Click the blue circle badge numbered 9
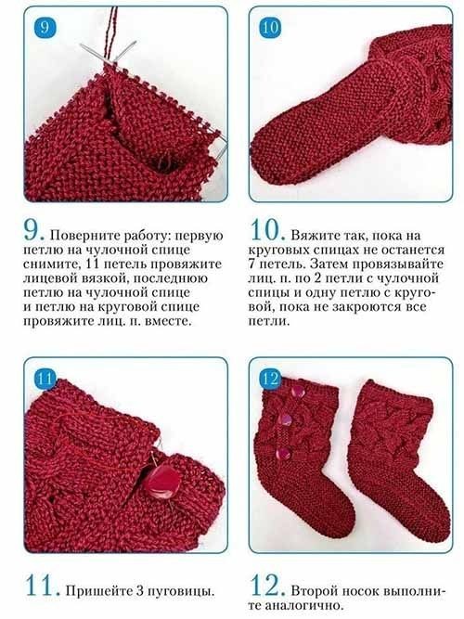pos(45,27)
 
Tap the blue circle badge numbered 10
pos(270,28)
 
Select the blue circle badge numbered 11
pos(45,379)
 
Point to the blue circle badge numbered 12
pos(270,379)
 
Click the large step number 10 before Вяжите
pos(267,230)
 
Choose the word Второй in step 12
pos(315,591)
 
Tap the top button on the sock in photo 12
pos(297,392)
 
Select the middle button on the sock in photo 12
pos(285,419)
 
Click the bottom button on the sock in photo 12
pos(284,454)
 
